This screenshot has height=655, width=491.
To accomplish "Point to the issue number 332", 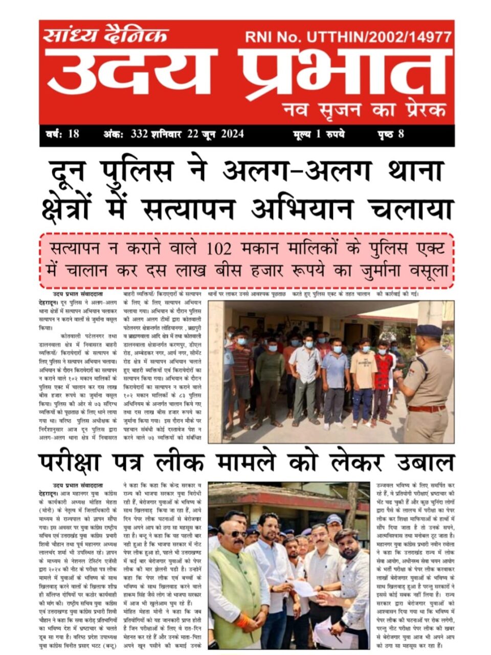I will (139, 135).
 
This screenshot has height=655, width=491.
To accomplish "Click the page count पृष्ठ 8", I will (389, 135).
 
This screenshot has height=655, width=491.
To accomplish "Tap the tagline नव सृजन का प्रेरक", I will (365, 109).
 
